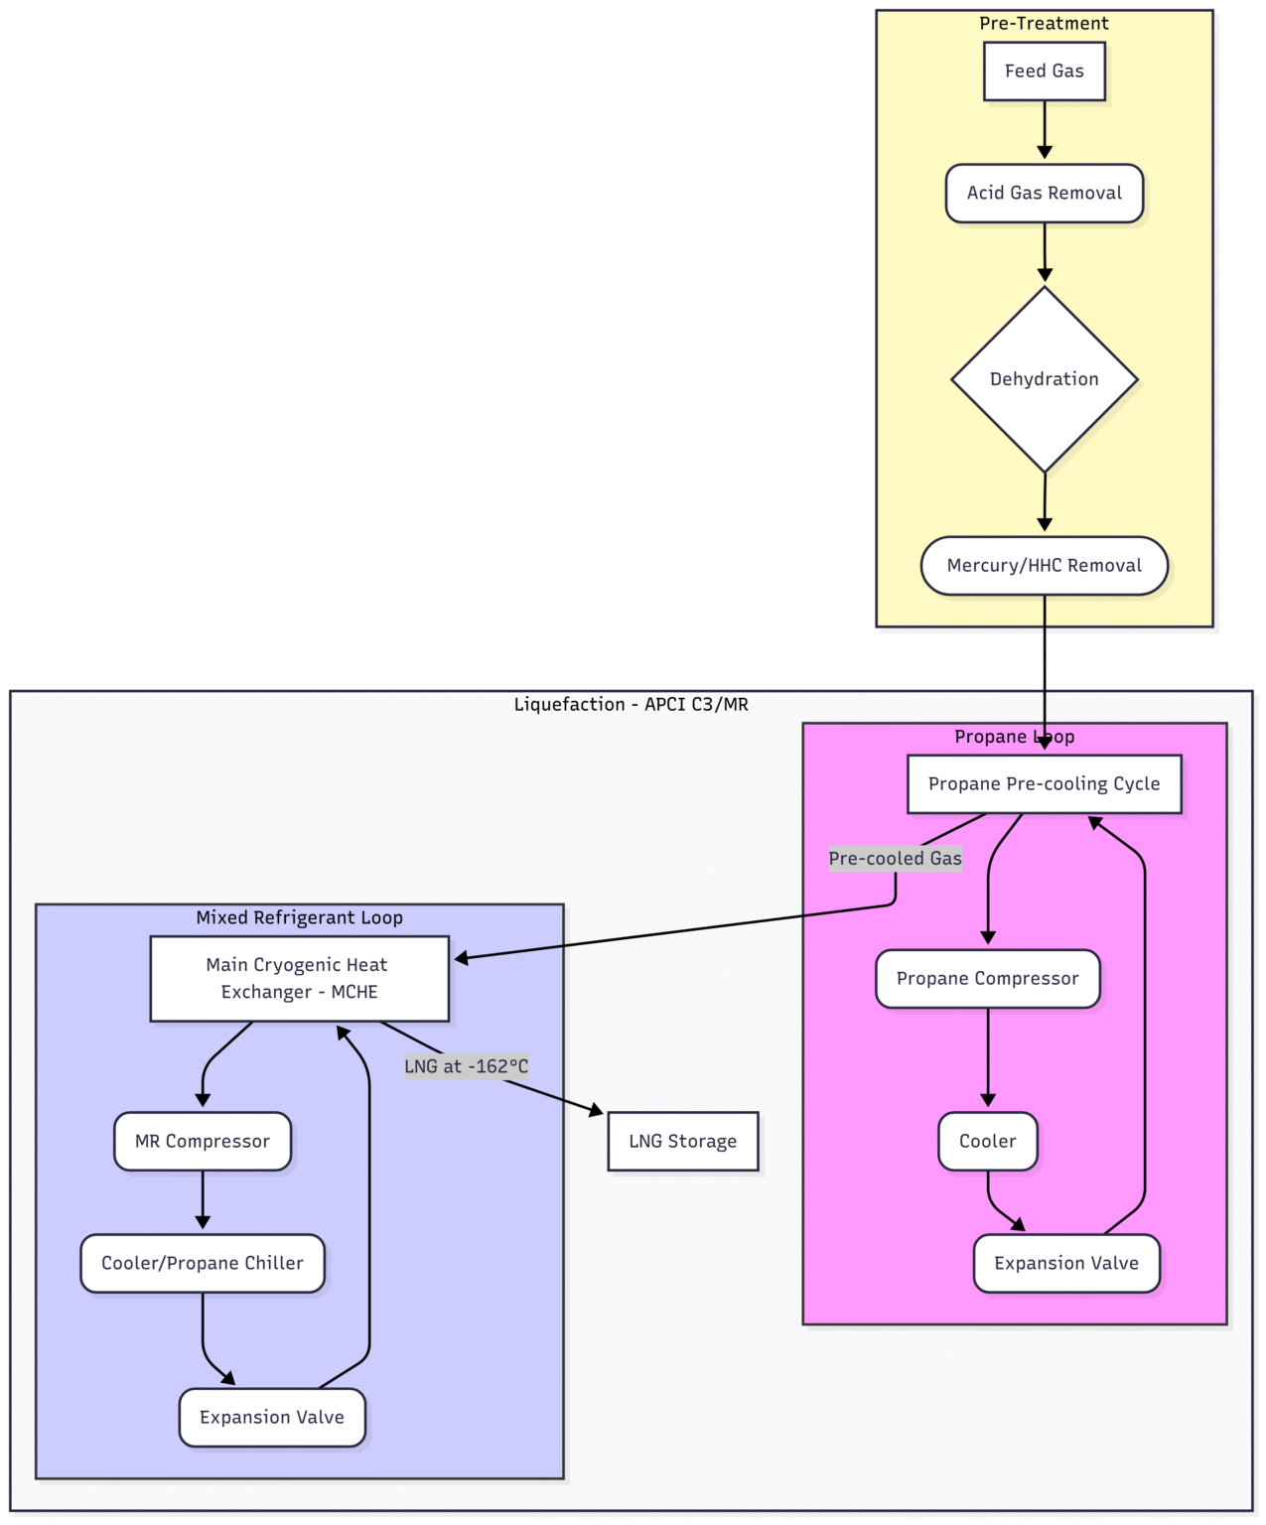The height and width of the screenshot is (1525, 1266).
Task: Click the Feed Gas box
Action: point(1044,70)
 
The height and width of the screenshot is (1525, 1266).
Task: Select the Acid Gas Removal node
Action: point(1044,193)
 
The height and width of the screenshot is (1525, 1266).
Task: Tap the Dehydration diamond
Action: point(1044,379)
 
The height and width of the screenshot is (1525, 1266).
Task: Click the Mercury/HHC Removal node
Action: point(1044,566)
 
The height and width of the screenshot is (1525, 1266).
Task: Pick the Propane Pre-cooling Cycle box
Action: point(1044,783)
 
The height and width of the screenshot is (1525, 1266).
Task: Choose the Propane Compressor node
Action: point(987,979)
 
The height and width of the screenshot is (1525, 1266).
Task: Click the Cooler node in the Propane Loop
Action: point(987,1141)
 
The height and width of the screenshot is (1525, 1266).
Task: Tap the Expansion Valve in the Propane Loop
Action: point(1065,1263)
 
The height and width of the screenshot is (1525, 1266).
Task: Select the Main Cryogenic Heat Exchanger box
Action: point(299,978)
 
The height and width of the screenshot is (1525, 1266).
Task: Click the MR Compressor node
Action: point(203,1141)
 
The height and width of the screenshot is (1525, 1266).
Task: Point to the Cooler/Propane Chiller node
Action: point(203,1263)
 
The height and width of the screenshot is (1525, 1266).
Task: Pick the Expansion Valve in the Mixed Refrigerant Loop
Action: point(272,1417)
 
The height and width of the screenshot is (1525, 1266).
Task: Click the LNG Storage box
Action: point(682,1141)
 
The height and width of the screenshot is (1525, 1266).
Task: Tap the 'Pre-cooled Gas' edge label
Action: point(895,859)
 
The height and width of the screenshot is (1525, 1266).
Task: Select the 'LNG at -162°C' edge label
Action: point(466,1066)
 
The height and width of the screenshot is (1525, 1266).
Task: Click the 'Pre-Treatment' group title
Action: point(1044,23)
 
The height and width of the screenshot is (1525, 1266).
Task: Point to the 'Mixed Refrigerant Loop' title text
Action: point(299,917)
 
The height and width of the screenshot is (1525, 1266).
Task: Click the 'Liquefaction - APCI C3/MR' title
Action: point(631,704)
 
